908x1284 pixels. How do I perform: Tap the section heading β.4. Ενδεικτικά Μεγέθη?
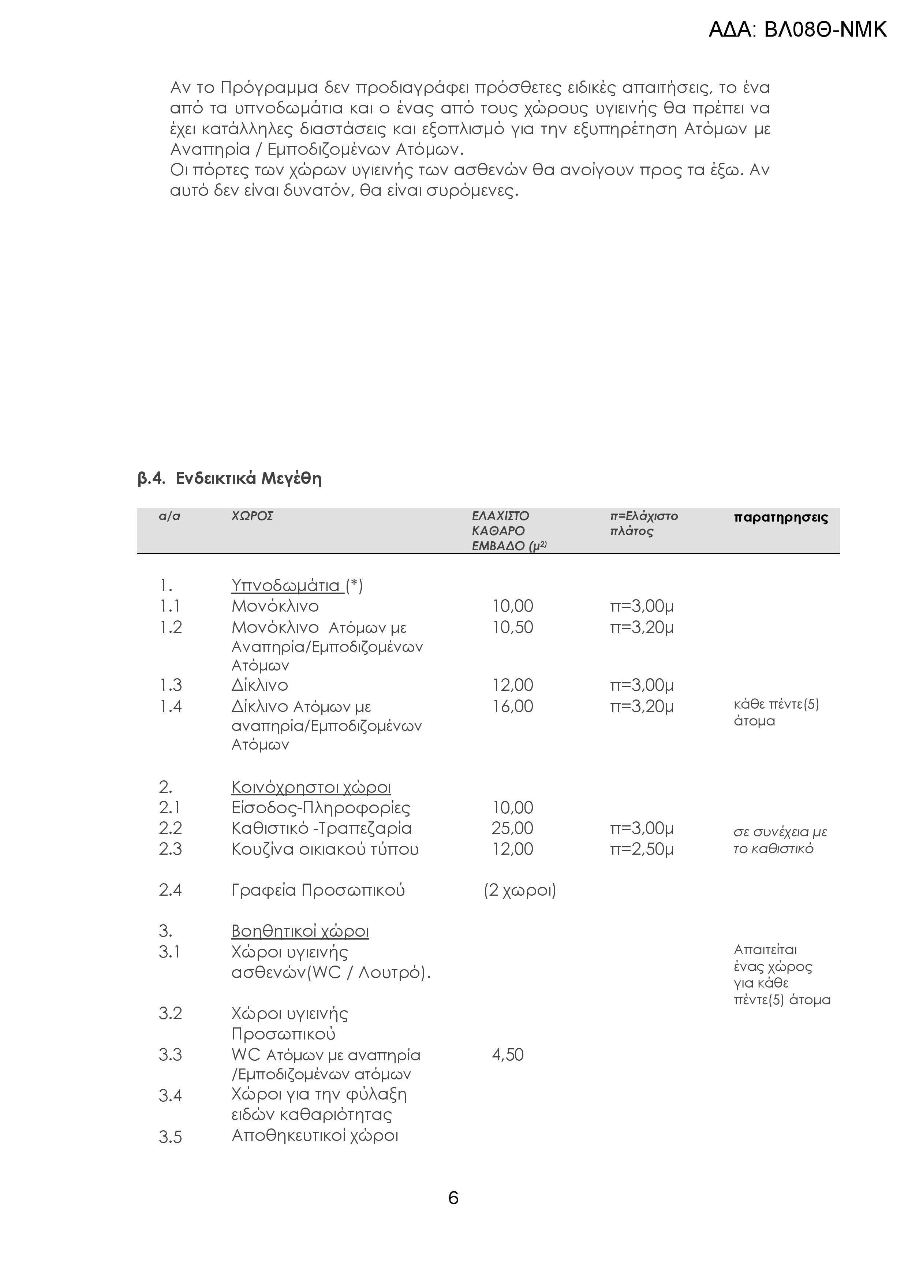click(229, 479)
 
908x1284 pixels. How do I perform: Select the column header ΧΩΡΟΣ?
click(252, 516)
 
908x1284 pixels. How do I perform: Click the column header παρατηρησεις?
click(781, 517)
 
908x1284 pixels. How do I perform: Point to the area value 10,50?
click(512, 627)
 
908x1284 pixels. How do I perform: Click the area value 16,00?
click(512, 706)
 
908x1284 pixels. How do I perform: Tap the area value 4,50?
click(507, 1055)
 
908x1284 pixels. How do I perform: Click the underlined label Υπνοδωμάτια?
click(287, 586)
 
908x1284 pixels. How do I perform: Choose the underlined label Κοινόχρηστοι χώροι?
click(311, 787)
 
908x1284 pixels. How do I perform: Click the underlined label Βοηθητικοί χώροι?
click(300, 931)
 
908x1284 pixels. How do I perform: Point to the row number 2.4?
click(170, 890)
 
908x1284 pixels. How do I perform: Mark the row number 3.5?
click(170, 1137)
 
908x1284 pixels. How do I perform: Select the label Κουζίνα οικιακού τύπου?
click(325, 849)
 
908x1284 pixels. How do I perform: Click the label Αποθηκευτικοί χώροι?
click(315, 1135)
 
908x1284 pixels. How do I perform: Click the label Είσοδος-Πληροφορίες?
click(320, 807)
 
